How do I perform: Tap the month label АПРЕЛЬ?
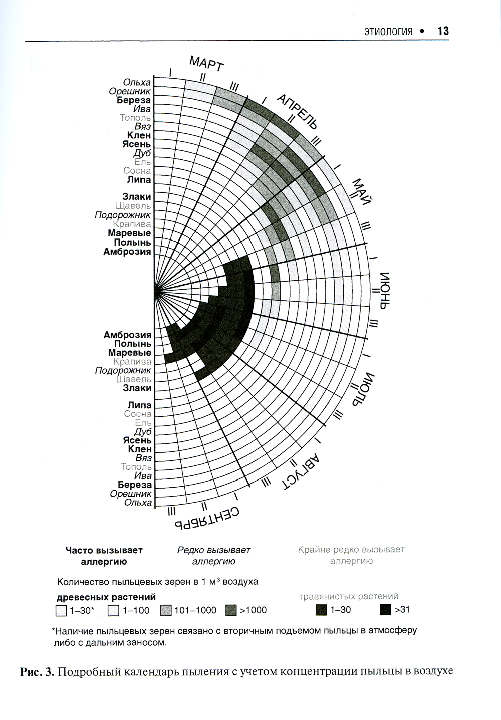coord(298,112)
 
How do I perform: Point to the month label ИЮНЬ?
coord(384,291)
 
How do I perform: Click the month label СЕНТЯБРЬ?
coord(206,519)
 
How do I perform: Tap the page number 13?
coord(443,31)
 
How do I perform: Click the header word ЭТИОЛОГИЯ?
coord(388,32)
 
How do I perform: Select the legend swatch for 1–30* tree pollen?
coord(62,611)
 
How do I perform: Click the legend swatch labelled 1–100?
coord(114,611)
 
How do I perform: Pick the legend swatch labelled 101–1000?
coord(166,611)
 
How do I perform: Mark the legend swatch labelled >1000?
coord(231,611)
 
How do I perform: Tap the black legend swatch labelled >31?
coord(385,610)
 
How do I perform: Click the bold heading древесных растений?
coord(106,597)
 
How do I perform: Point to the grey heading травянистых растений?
coord(349,596)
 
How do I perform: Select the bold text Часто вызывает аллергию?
coord(104,556)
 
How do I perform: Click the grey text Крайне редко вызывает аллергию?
coord(351,555)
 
